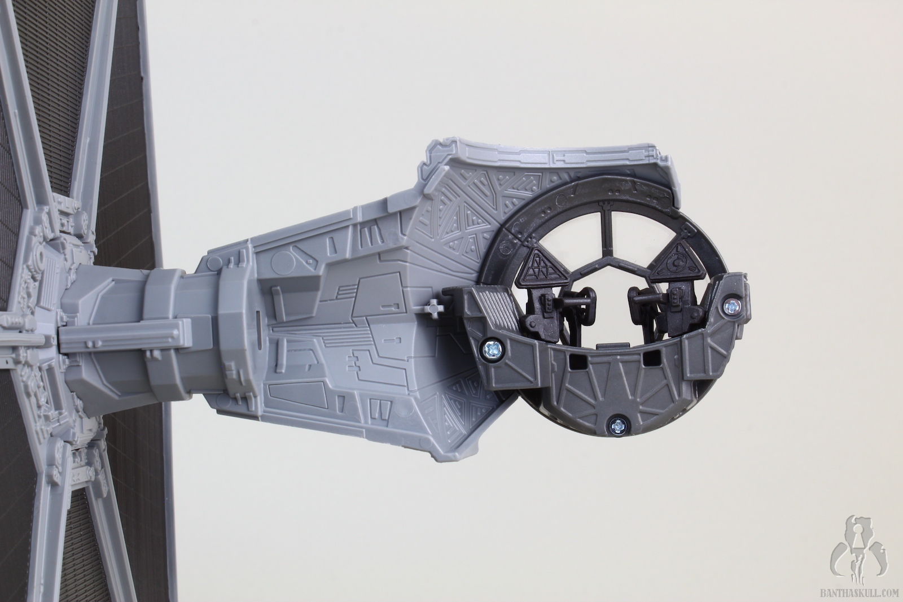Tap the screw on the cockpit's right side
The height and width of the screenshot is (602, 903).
pos(733,306)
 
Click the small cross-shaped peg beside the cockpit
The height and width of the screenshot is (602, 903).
pos(433,308)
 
